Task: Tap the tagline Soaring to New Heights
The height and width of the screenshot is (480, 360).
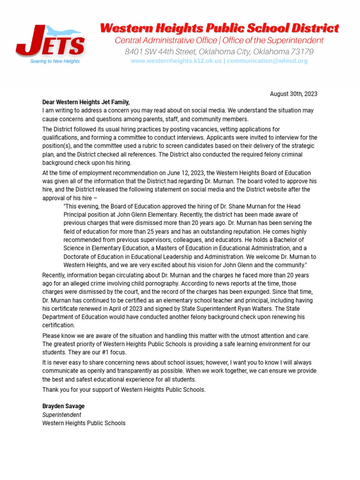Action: click(55, 61)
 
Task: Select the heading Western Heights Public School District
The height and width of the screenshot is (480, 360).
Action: click(219, 28)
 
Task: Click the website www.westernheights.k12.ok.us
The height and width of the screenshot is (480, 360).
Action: click(176, 61)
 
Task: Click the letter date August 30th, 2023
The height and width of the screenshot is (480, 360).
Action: click(293, 94)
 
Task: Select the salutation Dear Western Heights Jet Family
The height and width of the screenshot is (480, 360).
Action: click(86, 102)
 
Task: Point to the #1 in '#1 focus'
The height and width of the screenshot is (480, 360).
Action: click(94, 352)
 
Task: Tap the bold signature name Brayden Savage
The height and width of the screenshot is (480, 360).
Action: click(63, 406)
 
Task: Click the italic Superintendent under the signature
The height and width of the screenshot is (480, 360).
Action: click(61, 415)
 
